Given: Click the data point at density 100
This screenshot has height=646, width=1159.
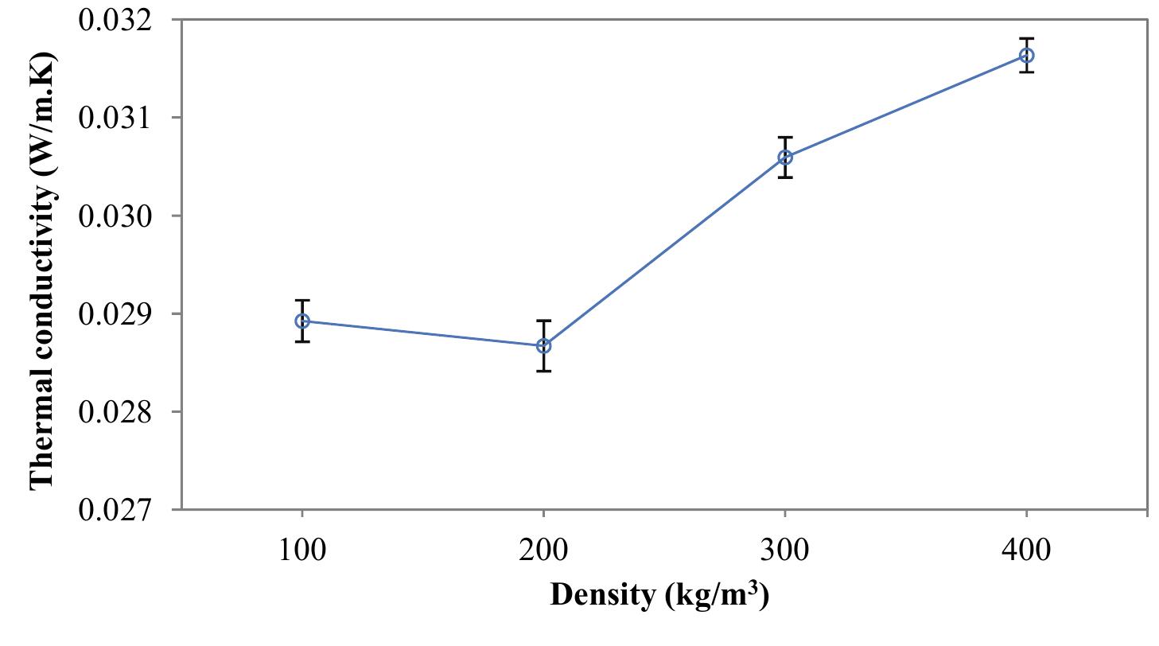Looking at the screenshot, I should [x=302, y=321].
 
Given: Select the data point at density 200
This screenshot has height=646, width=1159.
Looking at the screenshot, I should [x=543, y=346].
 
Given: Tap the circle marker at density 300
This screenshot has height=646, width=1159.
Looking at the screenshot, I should [x=785, y=158].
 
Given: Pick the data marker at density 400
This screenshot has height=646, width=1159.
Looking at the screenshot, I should [x=1026, y=56].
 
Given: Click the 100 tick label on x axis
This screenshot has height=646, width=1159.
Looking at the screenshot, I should [x=302, y=550].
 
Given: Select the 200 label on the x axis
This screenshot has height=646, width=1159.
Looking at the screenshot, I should [x=543, y=550].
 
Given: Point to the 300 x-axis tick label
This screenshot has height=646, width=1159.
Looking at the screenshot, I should [x=785, y=550].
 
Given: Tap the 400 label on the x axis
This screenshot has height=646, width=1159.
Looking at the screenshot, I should [x=1026, y=550].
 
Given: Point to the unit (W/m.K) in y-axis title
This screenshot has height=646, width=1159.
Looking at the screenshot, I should [x=42, y=111].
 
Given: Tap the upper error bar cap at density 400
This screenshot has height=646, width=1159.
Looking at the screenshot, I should [x=1026, y=38].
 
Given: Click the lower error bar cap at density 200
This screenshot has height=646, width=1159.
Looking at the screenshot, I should [x=543, y=371].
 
